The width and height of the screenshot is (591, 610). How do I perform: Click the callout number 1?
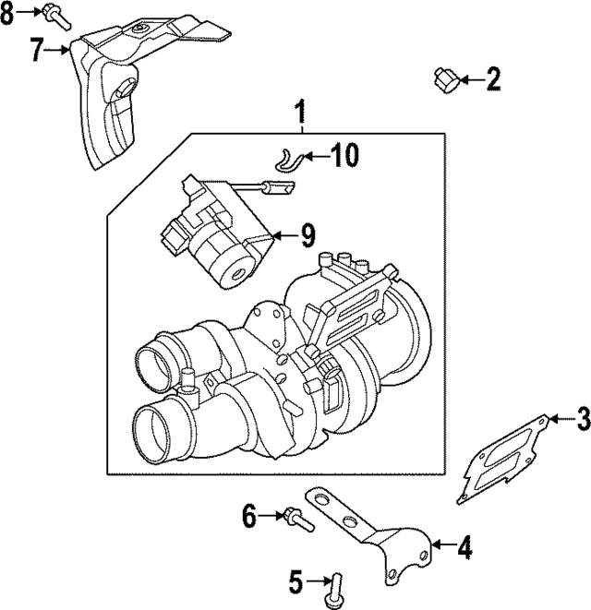point(299,114)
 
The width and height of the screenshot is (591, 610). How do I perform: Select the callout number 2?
point(493,79)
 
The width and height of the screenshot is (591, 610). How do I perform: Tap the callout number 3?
point(581,421)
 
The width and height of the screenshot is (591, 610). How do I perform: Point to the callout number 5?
point(296,581)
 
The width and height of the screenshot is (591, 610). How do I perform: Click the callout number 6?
point(248,515)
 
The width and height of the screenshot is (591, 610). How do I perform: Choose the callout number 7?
point(36,50)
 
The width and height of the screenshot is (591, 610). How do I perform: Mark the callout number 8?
point(9,14)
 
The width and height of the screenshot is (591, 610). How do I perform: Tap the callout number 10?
point(344,156)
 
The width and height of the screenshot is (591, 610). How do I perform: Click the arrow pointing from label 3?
point(557,421)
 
